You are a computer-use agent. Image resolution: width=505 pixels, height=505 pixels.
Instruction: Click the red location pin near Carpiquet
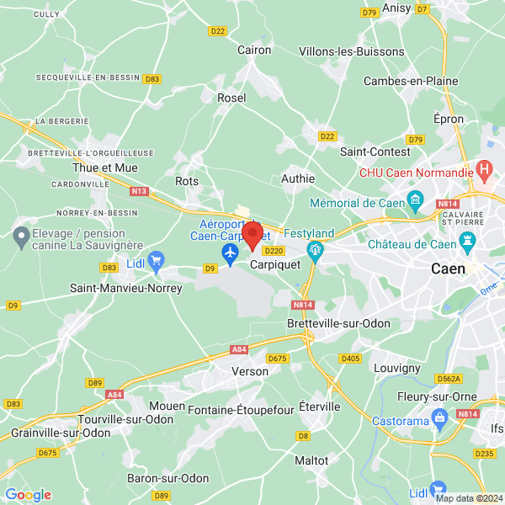(x=252, y=235)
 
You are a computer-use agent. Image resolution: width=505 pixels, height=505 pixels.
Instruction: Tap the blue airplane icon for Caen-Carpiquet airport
(x=229, y=252)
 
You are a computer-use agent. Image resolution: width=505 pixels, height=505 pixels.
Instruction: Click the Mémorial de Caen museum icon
(x=414, y=200)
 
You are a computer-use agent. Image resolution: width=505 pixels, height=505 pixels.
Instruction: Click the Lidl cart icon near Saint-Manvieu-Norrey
(x=156, y=262)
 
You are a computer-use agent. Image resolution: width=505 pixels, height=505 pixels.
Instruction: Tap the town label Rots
(x=187, y=181)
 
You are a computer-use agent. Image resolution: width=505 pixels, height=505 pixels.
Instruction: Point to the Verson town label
(x=249, y=370)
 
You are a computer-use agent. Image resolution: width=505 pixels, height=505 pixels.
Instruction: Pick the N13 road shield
(x=139, y=191)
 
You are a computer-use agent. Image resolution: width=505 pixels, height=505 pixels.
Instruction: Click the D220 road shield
(x=273, y=250)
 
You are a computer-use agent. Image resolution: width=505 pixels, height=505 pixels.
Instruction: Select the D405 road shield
(x=350, y=359)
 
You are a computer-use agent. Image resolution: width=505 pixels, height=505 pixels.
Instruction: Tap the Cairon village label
(x=254, y=50)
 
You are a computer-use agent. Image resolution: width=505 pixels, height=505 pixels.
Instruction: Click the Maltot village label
(x=311, y=460)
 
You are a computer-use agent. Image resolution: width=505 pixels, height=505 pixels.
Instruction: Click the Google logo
(x=28, y=494)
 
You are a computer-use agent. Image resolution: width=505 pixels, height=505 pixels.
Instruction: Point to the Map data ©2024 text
(x=468, y=497)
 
